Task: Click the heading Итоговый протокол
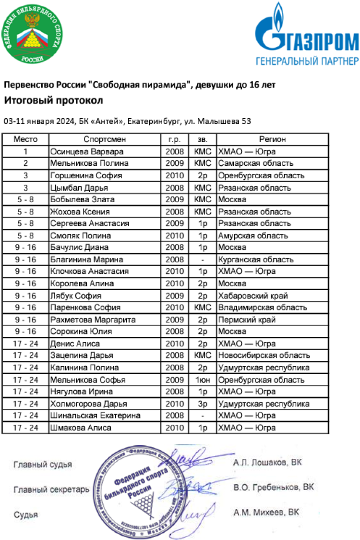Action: pyautogui.click(x=54, y=101)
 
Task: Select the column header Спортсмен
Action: pyautogui.click(x=105, y=139)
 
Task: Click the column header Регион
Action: pyautogui.click(x=272, y=139)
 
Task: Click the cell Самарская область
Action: pyautogui.click(x=256, y=163)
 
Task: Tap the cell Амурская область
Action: pyautogui.click(x=253, y=235)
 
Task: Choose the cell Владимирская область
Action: pyautogui.click(x=262, y=307)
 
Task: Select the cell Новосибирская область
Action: pyautogui.click(x=264, y=356)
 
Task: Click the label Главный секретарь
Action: pyautogui.click(x=51, y=490)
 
